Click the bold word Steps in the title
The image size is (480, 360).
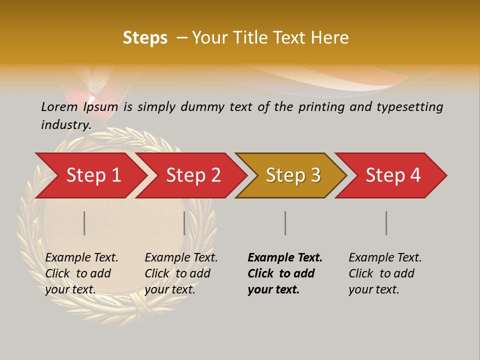(145, 38)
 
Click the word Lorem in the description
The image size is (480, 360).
(59, 106)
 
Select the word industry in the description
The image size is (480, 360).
(66, 125)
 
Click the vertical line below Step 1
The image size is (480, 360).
(84, 223)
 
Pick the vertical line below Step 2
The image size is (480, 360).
(184, 223)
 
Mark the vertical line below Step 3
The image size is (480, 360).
(285, 223)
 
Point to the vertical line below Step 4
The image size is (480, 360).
(386, 223)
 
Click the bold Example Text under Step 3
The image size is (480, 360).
(285, 258)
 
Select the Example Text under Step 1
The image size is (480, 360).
(81, 258)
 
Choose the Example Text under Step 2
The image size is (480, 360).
(181, 258)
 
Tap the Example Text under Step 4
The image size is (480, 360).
(385, 258)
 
